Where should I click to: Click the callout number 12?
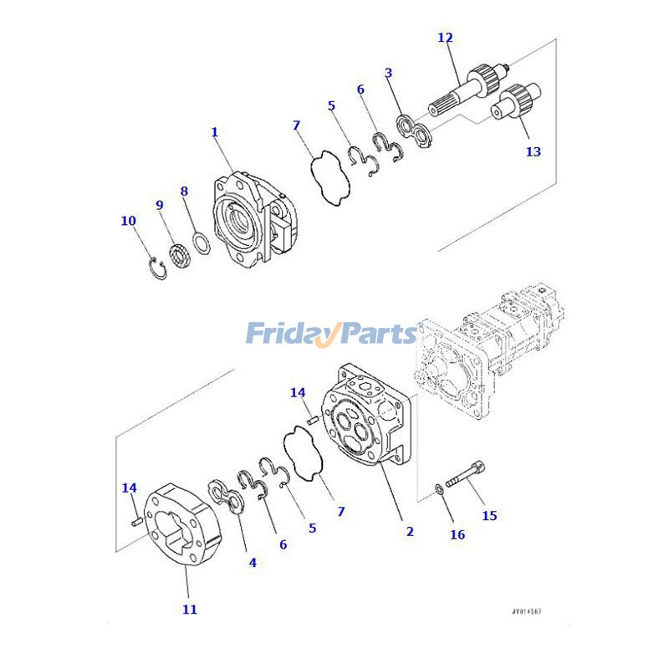tap(445, 38)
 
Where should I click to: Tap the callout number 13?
tap(533, 151)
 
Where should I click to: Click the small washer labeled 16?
tap(440, 488)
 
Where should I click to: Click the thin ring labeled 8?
tap(201, 245)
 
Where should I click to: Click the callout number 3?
tap(388, 73)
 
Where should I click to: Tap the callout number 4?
tap(253, 563)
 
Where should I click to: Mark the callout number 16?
tap(457, 534)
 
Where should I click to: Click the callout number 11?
tap(190, 610)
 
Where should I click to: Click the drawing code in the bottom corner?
tap(531, 612)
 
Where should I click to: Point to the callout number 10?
tap(128, 221)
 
